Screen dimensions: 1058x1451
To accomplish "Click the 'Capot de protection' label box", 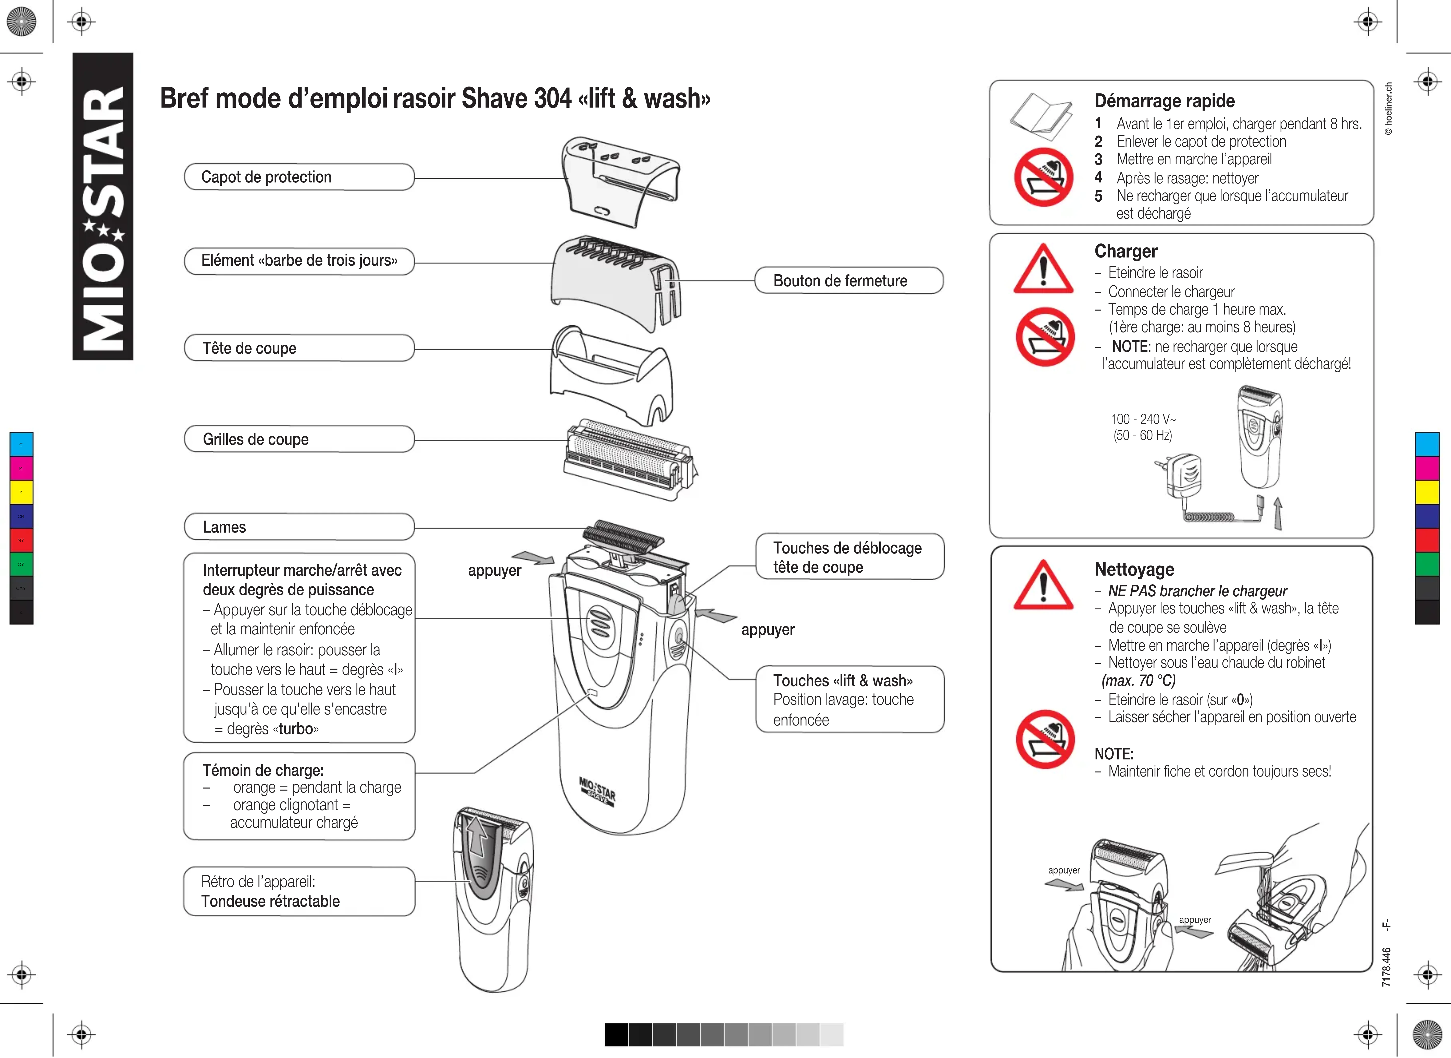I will [299, 177].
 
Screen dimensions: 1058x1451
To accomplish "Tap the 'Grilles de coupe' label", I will [299, 439].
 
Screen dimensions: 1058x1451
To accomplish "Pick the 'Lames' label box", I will [299, 527].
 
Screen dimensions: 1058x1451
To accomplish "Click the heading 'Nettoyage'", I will [1134, 569].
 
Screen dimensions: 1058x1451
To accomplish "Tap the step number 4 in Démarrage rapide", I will [1098, 177].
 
